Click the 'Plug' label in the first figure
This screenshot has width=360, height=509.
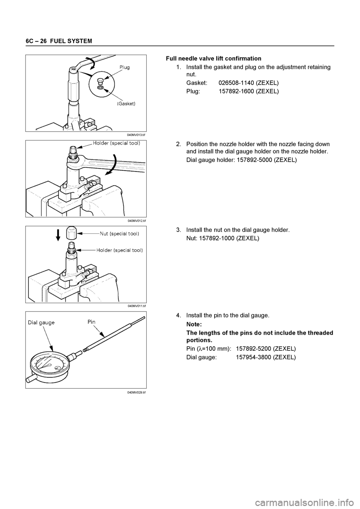124,67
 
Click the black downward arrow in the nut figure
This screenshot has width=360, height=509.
58,236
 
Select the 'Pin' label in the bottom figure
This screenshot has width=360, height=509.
91,322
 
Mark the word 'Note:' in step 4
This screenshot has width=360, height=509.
194,324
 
